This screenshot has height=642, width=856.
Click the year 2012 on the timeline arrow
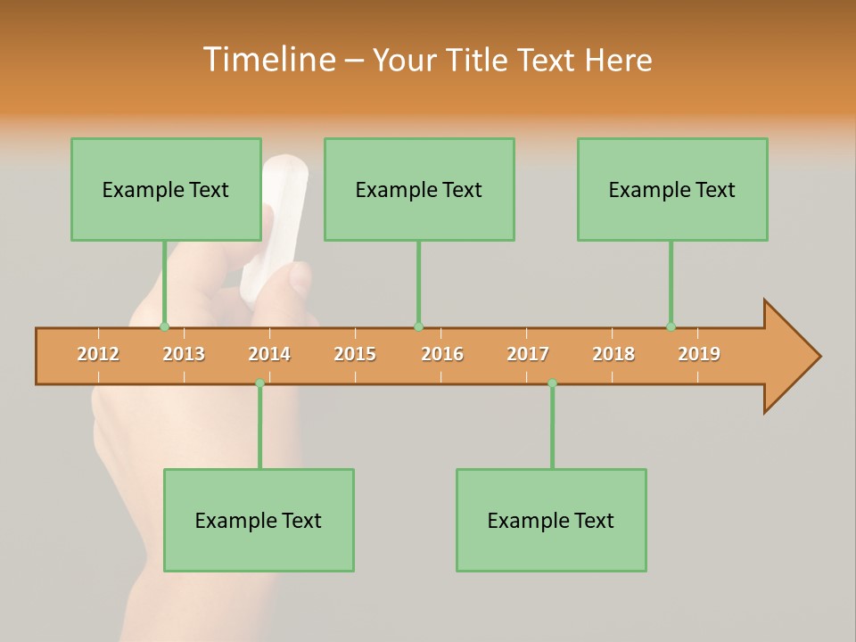98,354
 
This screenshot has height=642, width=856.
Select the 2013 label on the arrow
184,354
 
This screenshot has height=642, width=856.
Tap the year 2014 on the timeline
269,354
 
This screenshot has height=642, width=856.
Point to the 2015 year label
355,354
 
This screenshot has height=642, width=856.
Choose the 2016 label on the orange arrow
442,354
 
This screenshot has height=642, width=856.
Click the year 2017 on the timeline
528,354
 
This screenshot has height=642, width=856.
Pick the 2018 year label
613,354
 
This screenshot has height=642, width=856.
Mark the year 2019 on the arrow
699,354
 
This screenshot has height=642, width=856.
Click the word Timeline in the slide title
268,60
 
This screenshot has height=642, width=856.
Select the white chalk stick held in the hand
276,223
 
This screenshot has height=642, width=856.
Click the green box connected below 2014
259,520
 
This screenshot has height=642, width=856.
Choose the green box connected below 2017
551,520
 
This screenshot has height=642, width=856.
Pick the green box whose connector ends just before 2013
166,189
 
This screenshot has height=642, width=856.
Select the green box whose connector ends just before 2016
419,189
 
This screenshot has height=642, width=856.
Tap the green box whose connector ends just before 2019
672,189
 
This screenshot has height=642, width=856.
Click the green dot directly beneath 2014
259,383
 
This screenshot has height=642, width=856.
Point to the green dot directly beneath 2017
552,383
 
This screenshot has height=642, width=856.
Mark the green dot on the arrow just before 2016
418,327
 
